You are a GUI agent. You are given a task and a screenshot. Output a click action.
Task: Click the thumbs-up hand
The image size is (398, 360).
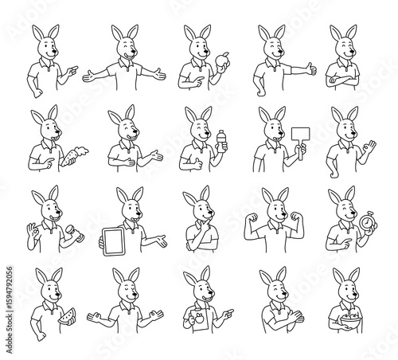tap(310, 70)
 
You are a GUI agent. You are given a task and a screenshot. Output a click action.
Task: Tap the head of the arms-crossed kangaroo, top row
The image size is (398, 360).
tap(342, 43)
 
